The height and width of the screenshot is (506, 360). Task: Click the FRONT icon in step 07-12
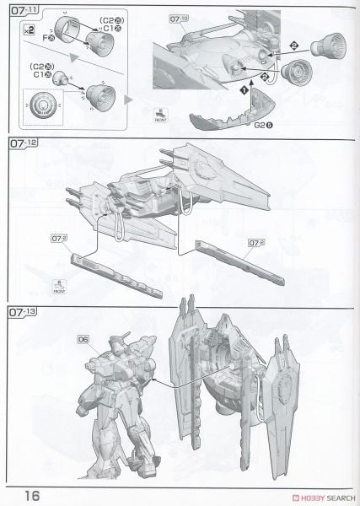(x=60, y=286)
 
